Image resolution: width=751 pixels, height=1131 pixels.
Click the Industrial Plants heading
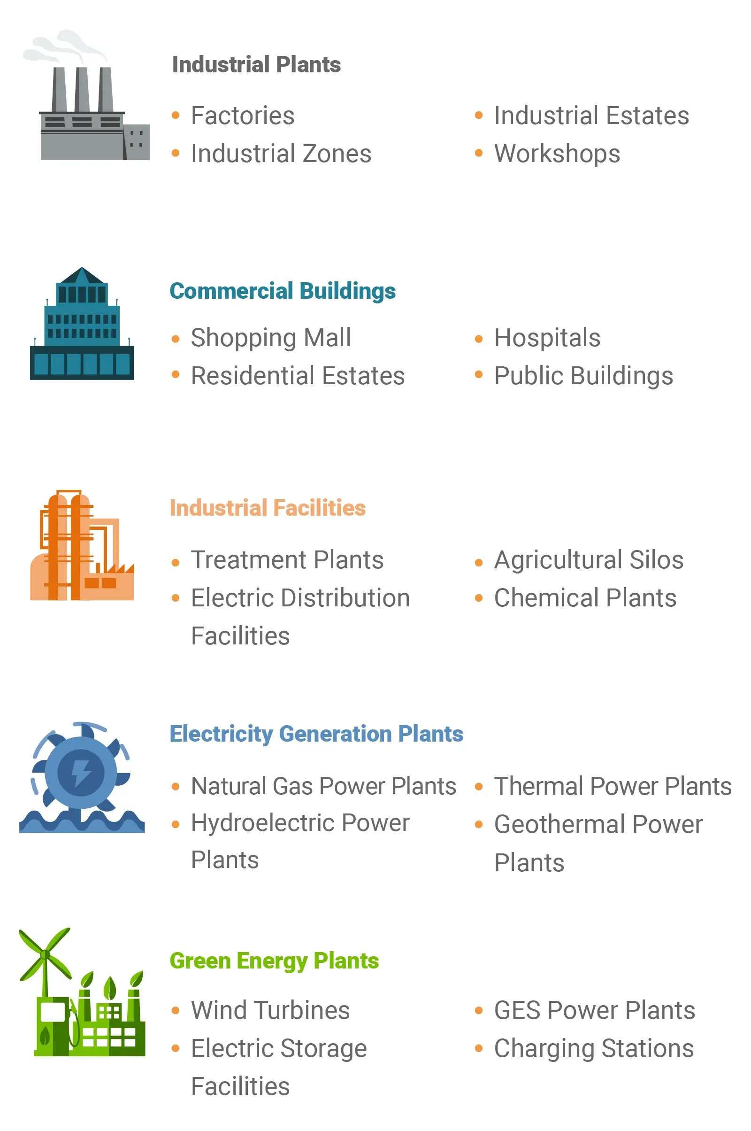click(x=256, y=65)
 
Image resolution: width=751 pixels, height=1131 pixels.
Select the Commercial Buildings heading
click(x=283, y=291)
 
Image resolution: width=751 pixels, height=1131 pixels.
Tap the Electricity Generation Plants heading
click(x=316, y=734)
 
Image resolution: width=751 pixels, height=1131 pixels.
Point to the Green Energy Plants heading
click(x=275, y=961)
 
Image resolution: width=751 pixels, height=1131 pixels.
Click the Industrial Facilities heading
click(x=268, y=508)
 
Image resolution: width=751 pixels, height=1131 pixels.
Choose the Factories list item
click(x=243, y=116)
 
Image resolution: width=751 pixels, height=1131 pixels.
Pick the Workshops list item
click(x=557, y=155)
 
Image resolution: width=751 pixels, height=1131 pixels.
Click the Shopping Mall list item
click(x=271, y=338)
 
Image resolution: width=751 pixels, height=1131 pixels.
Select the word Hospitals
click(x=547, y=338)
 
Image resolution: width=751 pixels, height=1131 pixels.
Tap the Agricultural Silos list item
click(x=589, y=560)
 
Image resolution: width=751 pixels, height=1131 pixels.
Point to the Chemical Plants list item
click(x=585, y=598)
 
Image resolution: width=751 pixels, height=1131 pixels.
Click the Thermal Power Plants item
click(x=613, y=786)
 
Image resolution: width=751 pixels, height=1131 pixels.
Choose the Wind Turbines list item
click(x=271, y=1010)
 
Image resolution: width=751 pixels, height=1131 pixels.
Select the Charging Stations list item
click(x=594, y=1049)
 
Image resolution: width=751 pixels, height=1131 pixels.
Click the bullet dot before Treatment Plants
click(x=176, y=563)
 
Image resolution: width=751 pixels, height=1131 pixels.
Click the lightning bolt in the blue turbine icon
click(x=81, y=773)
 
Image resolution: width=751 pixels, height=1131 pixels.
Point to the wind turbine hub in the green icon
click(x=46, y=955)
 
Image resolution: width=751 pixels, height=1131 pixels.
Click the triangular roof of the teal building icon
click(x=82, y=275)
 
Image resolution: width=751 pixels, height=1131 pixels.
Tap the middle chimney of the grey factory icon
click(x=81, y=90)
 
